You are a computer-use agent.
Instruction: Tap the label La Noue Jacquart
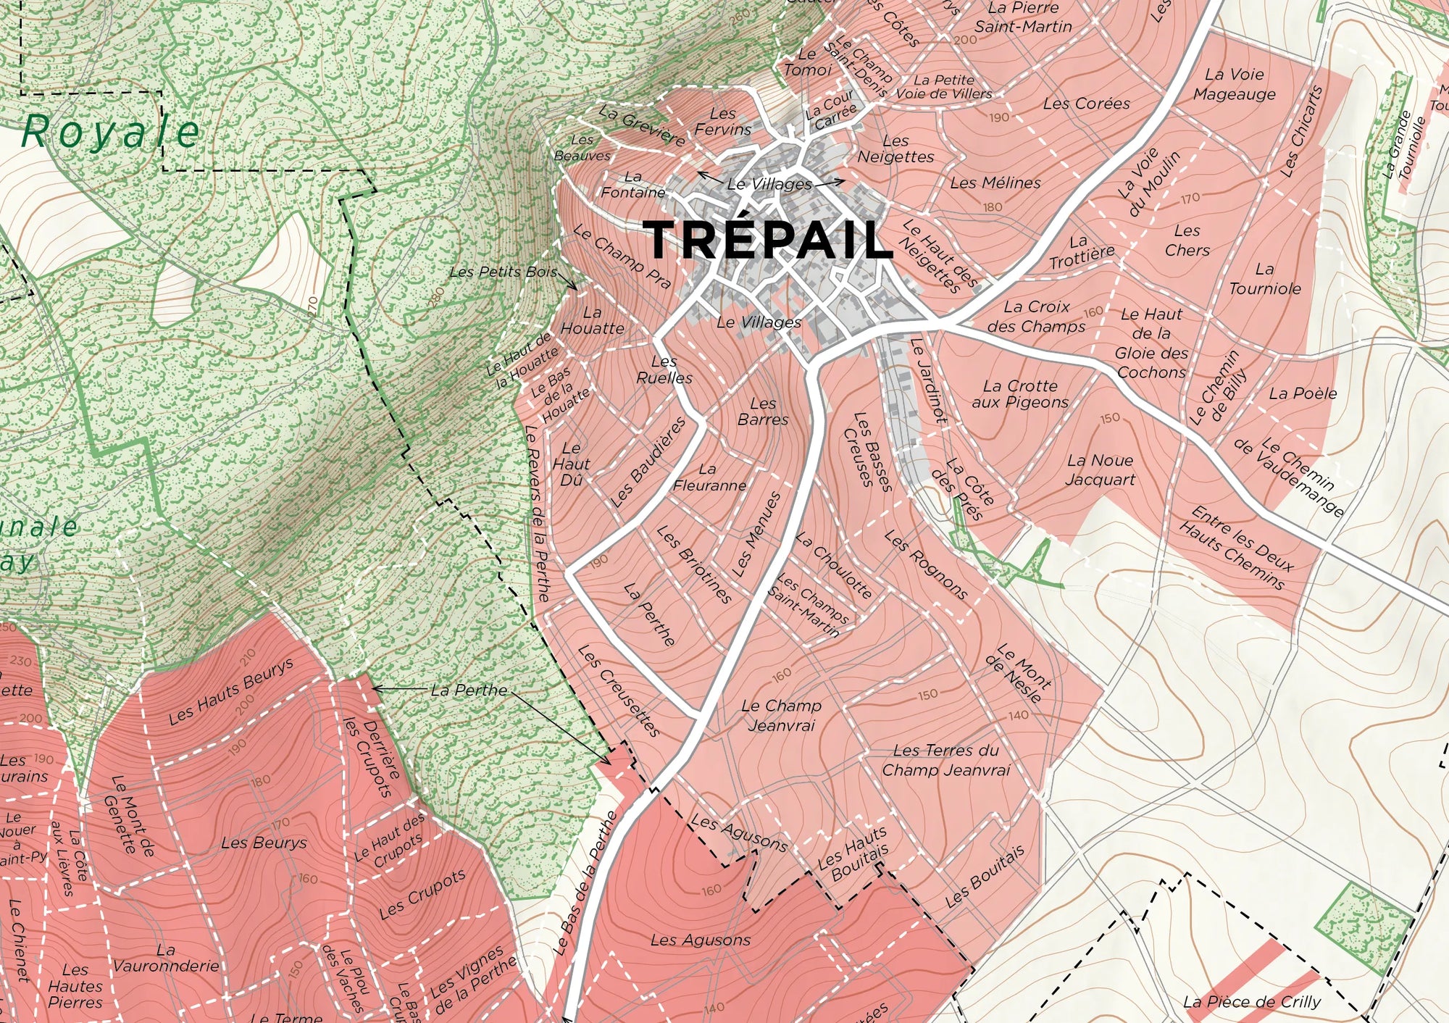1099,469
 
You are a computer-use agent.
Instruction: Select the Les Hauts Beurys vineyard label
231,691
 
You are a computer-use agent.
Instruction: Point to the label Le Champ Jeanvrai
781,715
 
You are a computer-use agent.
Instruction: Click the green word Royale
110,132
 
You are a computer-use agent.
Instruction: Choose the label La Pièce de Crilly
1251,1002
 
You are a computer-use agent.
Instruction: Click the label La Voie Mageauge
1234,84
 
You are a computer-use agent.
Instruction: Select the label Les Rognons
926,566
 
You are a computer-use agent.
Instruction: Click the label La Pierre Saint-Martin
1023,17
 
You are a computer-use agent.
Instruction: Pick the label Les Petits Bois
504,272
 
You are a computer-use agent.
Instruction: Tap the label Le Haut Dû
571,464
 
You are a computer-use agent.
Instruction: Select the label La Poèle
1303,393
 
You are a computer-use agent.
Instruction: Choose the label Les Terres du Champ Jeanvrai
945,760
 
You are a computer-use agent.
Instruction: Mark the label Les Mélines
995,183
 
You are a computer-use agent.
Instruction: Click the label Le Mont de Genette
129,816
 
